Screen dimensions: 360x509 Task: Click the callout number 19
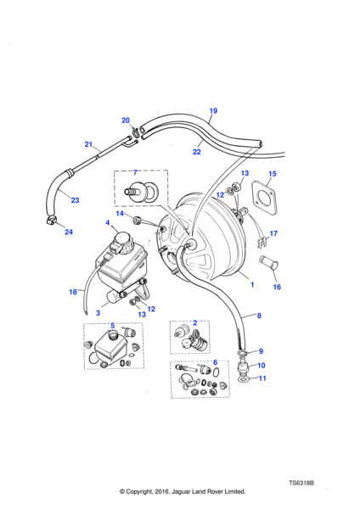pos(213,110)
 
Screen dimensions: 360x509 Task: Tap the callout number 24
pos(69,232)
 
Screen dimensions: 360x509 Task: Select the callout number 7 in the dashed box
pos(135,172)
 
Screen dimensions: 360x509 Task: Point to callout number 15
pos(273,174)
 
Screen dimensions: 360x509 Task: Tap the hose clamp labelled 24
pos(51,221)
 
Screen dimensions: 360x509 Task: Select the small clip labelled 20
pos(135,131)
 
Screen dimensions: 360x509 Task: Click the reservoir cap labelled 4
pos(122,240)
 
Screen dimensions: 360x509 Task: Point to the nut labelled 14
pos(137,221)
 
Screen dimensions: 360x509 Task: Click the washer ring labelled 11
pos(243,379)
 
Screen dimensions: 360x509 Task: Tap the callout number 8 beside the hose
pos(259,316)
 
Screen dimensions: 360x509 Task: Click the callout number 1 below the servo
pos(252,285)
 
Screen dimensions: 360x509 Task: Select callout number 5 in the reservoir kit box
pos(112,326)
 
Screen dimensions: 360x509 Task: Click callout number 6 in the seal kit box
pos(215,362)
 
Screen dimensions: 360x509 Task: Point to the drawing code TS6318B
pos(301,483)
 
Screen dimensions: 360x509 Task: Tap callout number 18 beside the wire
pos(73,292)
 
